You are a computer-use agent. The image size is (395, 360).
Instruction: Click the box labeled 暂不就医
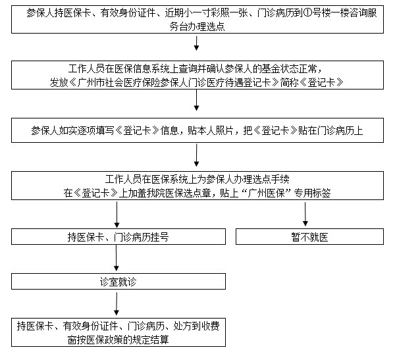(x=309, y=237)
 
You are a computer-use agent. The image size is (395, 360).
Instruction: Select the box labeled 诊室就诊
(x=117, y=281)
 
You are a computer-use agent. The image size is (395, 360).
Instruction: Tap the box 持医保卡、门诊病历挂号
(x=118, y=237)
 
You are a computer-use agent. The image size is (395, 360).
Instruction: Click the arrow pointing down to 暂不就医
(x=305, y=215)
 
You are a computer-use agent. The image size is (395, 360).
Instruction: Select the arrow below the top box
(x=196, y=44)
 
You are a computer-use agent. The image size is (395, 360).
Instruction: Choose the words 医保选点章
(x=197, y=193)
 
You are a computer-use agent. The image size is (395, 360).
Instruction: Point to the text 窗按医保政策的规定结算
(x=117, y=340)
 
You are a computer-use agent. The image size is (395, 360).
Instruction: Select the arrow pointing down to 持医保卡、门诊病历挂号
(x=118, y=215)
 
